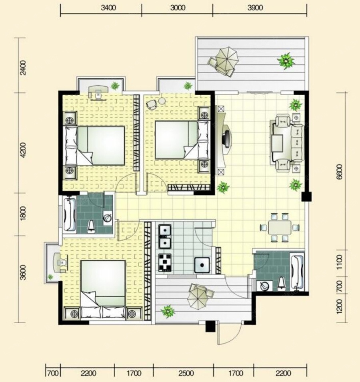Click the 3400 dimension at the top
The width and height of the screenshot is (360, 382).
tap(108, 8)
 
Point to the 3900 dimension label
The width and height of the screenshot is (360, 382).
tap(255, 8)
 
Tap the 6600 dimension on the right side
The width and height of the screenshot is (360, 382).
tap(339, 172)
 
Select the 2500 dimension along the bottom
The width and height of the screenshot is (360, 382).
tap(186, 373)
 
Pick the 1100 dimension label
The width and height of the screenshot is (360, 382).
tap(339, 262)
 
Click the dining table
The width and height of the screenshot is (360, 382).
tap(279, 228)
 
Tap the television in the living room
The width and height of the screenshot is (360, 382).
tap(226, 139)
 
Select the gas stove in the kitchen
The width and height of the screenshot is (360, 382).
tap(165, 262)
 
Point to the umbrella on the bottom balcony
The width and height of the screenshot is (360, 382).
tap(199, 296)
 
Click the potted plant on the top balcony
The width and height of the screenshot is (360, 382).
tap(286, 61)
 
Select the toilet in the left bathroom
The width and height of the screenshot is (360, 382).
tap(91, 226)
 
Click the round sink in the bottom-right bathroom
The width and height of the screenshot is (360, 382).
tap(264, 286)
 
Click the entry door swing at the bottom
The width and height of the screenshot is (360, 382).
tap(230, 334)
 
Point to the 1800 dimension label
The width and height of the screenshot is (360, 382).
tap(23, 214)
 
